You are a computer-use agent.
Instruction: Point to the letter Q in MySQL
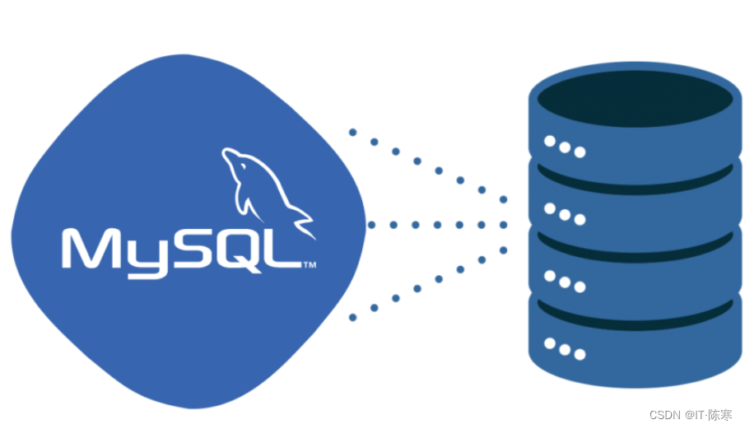pos(237,249)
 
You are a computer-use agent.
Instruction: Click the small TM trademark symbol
pos(310,265)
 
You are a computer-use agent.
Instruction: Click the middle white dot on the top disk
pos(565,147)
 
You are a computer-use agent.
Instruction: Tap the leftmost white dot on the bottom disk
pos(549,344)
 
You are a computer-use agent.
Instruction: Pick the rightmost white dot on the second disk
pos(580,220)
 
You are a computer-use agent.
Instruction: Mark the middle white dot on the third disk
pos(565,282)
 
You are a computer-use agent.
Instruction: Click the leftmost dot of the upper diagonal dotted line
pos(352,132)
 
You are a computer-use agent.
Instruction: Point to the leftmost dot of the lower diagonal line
pos(353,317)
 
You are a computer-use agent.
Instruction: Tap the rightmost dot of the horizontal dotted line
pos(503,224)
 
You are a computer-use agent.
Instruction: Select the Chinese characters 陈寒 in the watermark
pos(719,415)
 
